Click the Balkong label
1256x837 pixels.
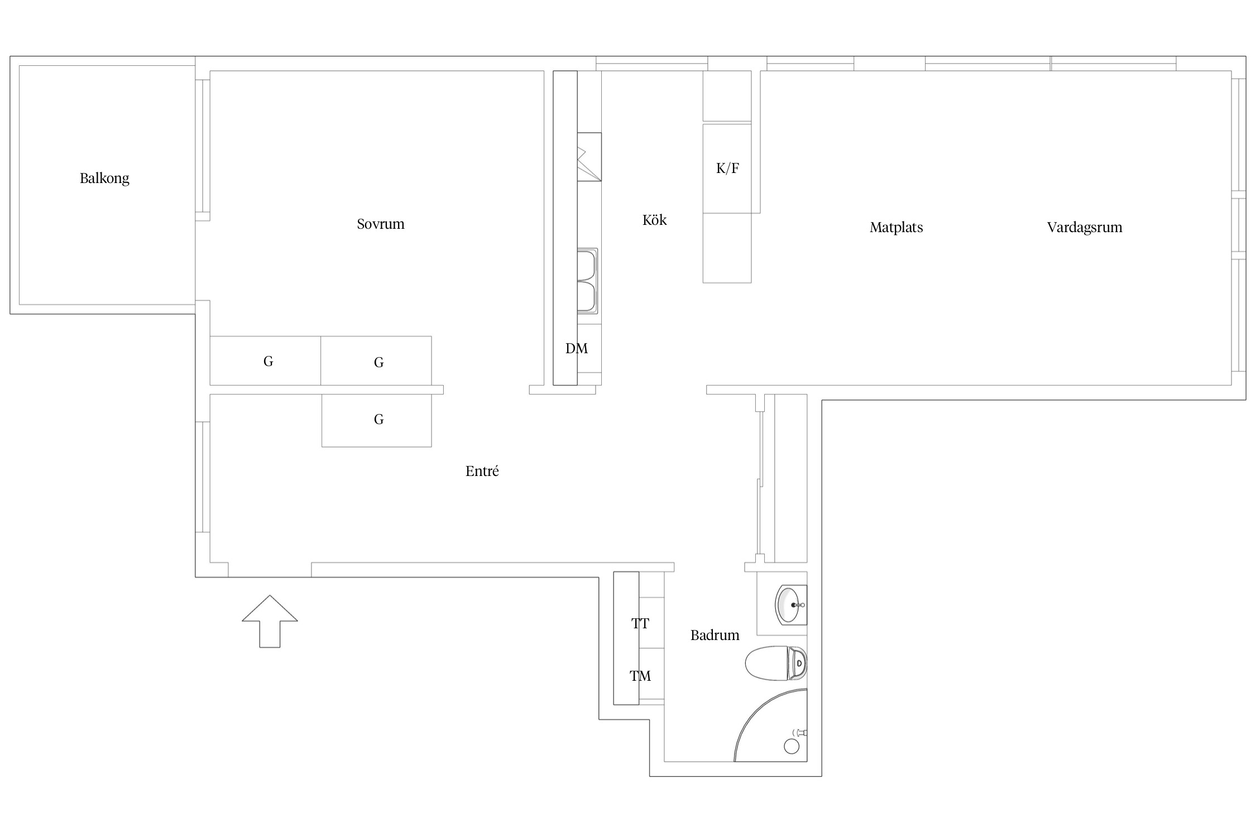point(104,179)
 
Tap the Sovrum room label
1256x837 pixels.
point(381,224)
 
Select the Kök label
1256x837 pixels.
point(654,220)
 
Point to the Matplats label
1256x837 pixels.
point(896,228)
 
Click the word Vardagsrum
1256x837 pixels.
point(1085,228)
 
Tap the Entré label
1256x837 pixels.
point(482,471)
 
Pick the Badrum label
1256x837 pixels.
point(715,635)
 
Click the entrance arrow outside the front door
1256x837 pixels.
point(270,621)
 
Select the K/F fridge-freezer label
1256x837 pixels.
point(727,168)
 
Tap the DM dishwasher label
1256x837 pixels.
point(577,348)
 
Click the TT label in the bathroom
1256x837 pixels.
point(640,623)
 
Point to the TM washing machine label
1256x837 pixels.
point(640,676)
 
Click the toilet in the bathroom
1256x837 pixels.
point(776,663)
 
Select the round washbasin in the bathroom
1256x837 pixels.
point(790,604)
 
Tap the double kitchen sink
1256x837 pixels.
point(587,281)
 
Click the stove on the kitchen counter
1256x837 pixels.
point(589,157)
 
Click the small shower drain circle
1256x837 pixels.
point(792,746)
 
